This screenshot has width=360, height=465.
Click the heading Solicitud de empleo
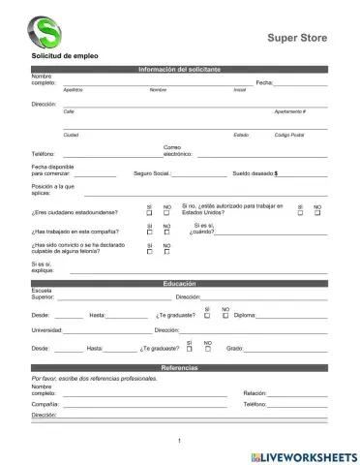pos(65,61)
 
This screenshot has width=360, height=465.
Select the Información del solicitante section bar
pos(179,70)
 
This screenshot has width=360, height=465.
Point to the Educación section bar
pos(179,283)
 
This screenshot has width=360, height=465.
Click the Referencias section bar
pos(179,369)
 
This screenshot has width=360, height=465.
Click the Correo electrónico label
pos(177,151)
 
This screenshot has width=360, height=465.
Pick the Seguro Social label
pos(152,173)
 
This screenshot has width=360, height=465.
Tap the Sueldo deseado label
pos(255,173)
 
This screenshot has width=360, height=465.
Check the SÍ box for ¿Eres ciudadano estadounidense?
pos(149,213)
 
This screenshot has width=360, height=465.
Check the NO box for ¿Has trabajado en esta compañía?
pos(166,232)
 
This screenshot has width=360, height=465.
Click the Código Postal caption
pos(289,135)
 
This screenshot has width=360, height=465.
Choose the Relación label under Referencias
pos(255,393)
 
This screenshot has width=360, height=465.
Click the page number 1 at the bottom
pos(179,442)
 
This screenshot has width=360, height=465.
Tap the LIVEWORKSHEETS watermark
pos(304,455)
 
